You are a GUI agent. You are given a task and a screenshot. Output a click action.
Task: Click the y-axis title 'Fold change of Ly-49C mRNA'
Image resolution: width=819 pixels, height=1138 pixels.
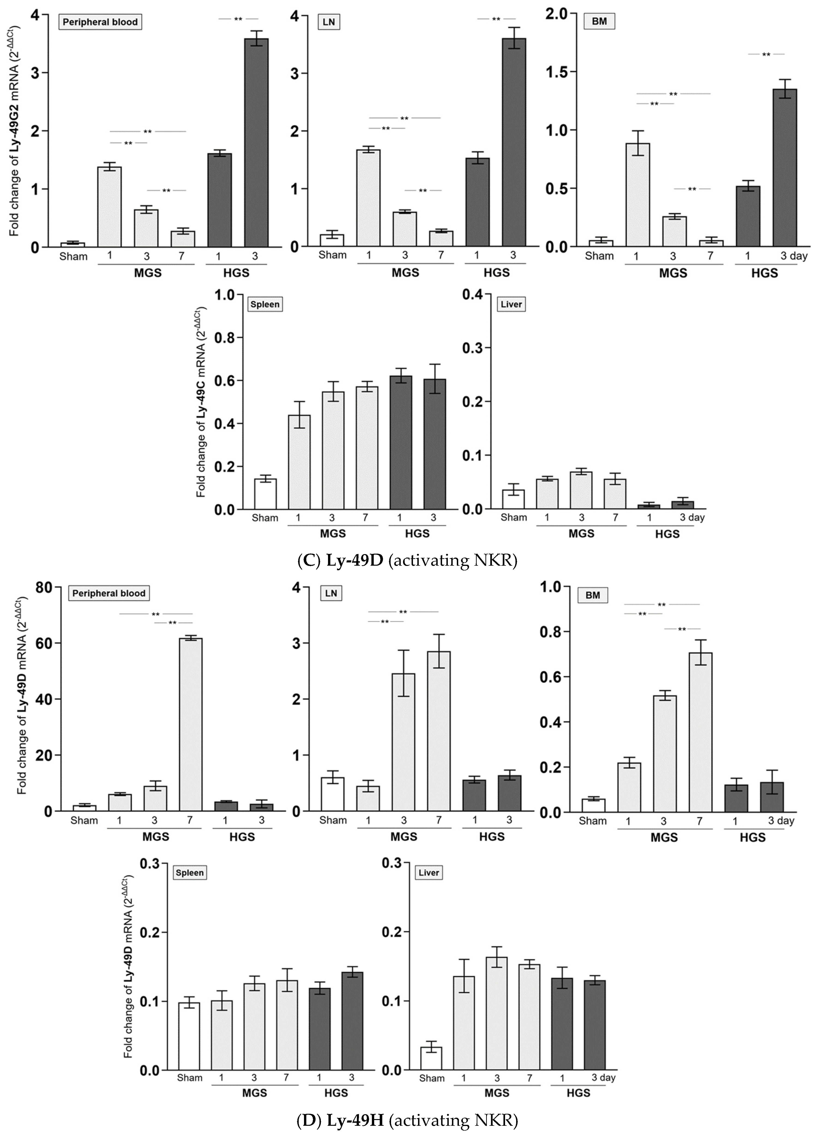coord(201,401)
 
